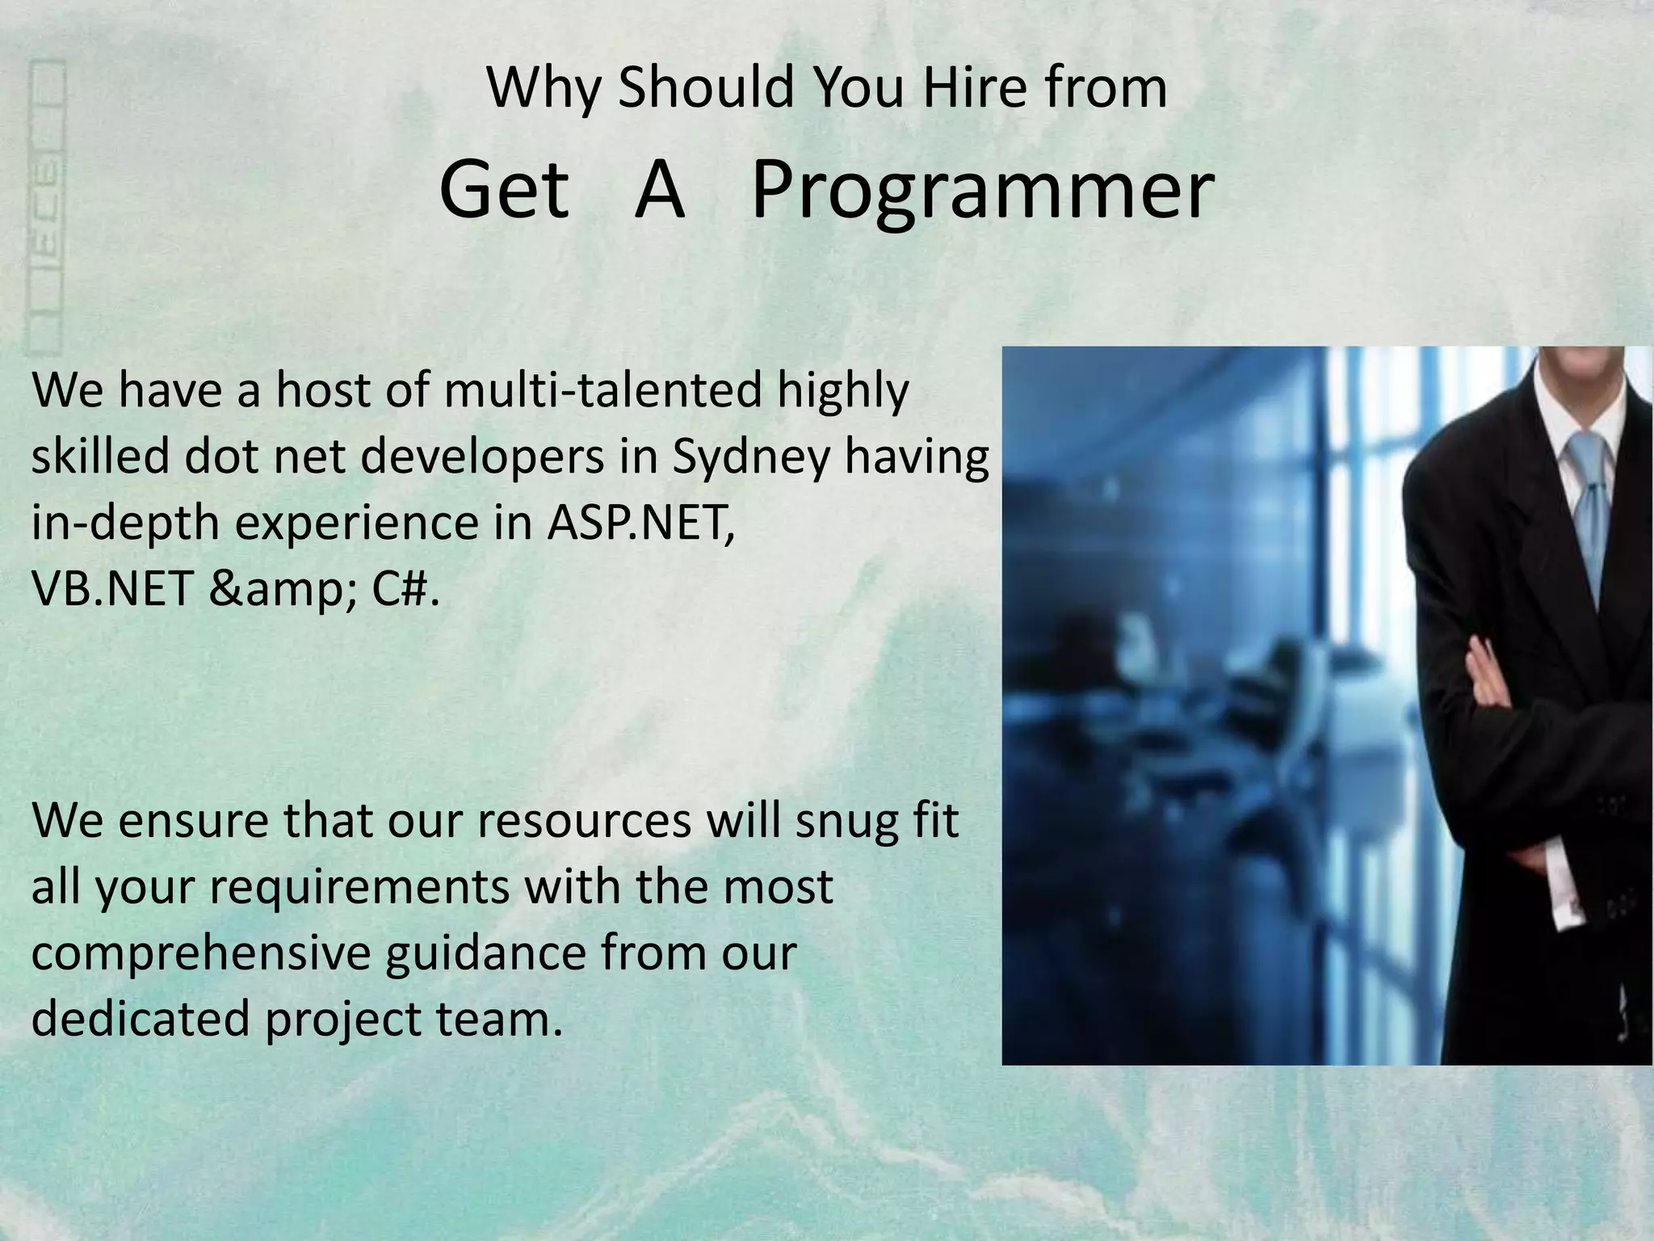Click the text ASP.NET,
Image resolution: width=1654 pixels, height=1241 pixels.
[640, 524]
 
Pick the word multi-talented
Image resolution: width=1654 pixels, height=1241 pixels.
[602, 391]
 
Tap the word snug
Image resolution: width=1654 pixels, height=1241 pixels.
[845, 821]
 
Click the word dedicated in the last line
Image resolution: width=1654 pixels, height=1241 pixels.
[141, 1020]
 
